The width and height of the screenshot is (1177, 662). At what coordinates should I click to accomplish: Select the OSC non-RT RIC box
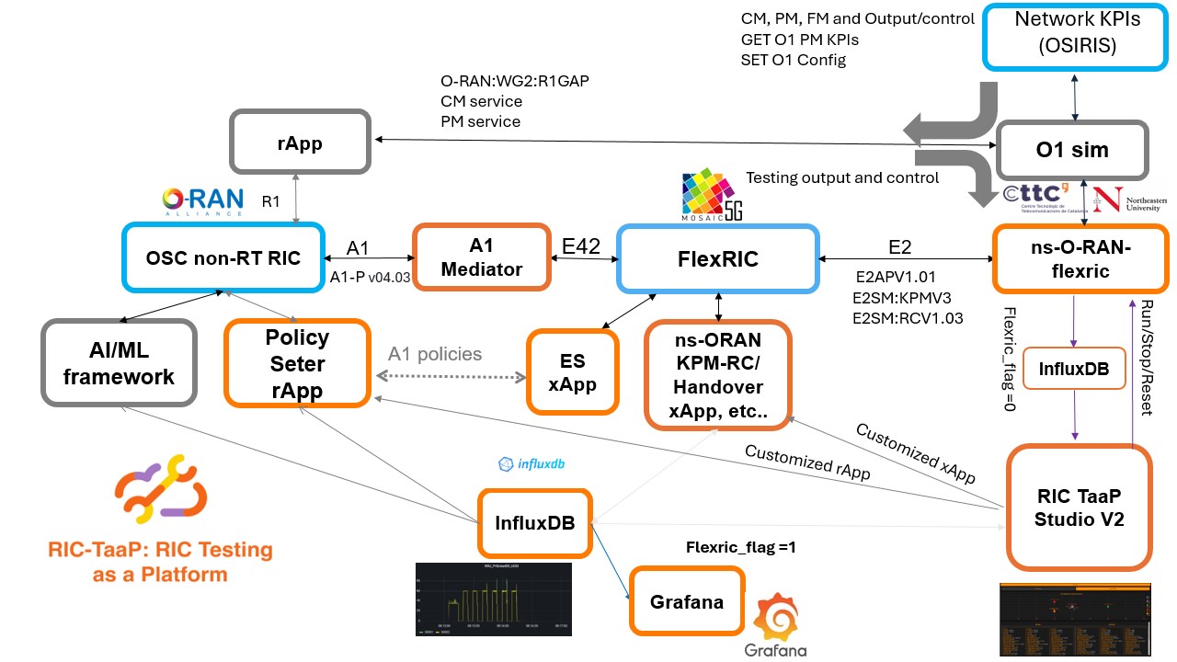[x=224, y=258]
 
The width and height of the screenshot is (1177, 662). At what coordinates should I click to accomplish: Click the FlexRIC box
[x=717, y=258]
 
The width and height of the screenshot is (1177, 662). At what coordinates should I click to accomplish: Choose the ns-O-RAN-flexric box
[x=1071, y=258]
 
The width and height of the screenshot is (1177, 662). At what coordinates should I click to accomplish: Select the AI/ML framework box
[x=119, y=363]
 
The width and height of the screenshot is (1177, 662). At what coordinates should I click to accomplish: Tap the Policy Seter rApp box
[x=297, y=363]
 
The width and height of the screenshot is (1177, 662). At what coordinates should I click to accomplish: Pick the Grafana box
[x=686, y=602]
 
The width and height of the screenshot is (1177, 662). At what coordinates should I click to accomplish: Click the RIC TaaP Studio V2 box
[x=1079, y=506]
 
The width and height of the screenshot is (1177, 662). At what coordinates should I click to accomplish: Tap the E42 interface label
[x=581, y=246]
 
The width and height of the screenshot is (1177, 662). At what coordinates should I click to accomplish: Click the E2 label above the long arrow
[x=900, y=246]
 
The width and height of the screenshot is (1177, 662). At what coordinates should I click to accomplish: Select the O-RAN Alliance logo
[x=201, y=200]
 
